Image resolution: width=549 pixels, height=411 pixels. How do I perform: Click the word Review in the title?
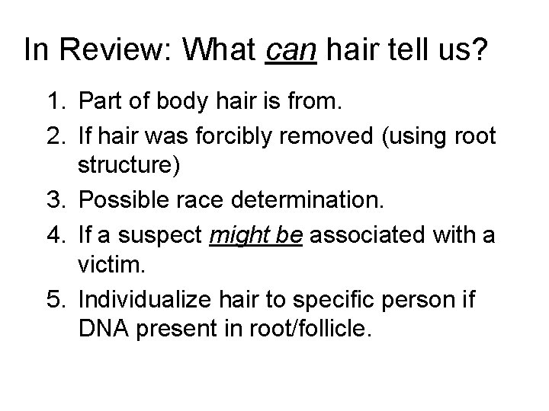point(121,51)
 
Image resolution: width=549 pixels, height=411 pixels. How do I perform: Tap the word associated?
point(370,234)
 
